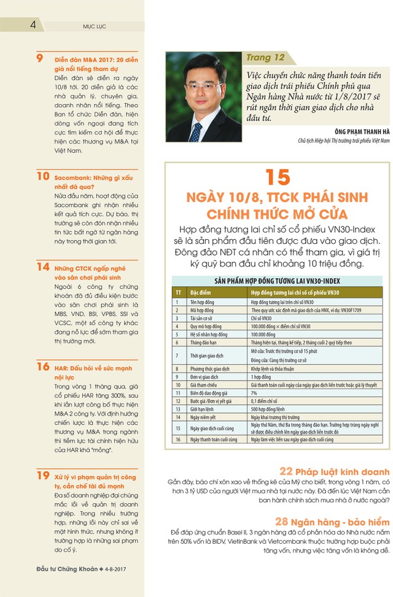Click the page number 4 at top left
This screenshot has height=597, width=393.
pos(33,25)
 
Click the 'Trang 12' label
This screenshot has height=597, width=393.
pos(265,58)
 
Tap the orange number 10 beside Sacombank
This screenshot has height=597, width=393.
pos(42,177)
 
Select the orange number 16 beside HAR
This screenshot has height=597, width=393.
pos(42,367)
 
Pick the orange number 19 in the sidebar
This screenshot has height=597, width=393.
pos(42,475)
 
